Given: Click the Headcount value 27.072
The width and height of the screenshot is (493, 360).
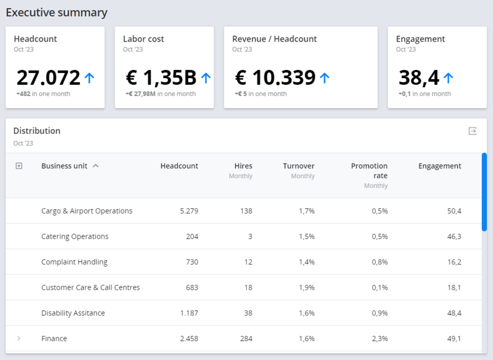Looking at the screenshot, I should click(x=48, y=78).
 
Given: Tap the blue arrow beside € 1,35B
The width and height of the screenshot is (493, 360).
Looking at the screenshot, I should click(x=206, y=78).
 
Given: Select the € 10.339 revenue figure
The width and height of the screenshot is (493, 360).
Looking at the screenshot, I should click(x=275, y=78).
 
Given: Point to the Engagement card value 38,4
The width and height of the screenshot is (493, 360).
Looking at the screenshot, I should click(x=419, y=78).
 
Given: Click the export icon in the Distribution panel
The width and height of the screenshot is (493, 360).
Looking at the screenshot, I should click(x=472, y=131).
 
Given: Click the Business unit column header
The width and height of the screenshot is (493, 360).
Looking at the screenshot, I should click(x=64, y=166).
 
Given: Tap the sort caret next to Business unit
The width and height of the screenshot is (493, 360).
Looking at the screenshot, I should click(x=96, y=166).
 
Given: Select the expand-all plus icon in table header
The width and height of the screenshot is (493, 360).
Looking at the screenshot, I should click(x=19, y=166).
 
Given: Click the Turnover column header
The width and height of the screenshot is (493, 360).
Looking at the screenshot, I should click(x=298, y=166).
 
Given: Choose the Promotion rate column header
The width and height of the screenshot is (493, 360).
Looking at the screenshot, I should click(x=369, y=170).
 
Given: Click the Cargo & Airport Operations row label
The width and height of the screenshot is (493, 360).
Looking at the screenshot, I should click(x=87, y=211).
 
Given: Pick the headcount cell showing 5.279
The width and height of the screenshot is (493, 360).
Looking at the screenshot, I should click(x=189, y=211).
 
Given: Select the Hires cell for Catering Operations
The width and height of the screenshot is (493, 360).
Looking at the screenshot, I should click(x=250, y=237).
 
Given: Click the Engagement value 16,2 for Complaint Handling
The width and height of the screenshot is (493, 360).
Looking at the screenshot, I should click(x=454, y=262).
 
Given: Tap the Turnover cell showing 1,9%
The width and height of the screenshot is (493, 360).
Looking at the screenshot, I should click(x=307, y=288).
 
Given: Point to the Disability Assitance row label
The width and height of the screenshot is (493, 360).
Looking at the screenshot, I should click(x=73, y=313).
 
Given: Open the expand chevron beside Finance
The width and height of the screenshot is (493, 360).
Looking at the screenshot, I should click(x=19, y=338).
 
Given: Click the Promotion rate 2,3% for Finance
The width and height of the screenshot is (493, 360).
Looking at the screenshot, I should click(x=380, y=338).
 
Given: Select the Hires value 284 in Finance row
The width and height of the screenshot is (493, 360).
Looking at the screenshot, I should click(x=246, y=338).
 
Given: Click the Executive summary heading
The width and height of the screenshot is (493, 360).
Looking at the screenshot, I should click(x=56, y=12).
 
